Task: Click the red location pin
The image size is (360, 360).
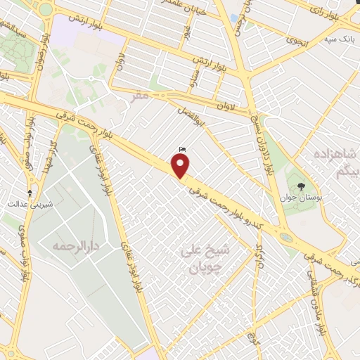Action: click(181, 166)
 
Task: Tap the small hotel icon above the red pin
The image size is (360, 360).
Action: click(182, 149)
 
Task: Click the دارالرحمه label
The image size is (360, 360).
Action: click(77, 246)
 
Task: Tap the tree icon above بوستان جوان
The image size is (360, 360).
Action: click(302, 186)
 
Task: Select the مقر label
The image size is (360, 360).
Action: click(141, 95)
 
